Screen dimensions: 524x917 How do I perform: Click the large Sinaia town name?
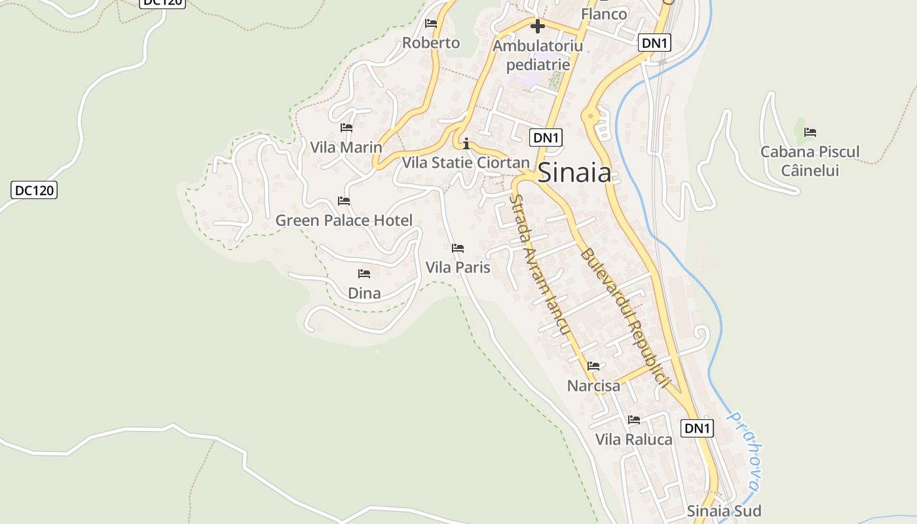574,173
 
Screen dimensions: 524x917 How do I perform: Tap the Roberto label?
431,43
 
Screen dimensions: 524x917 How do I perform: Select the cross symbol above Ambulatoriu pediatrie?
537,26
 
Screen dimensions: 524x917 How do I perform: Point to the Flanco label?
604,14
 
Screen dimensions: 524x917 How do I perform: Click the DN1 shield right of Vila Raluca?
697,428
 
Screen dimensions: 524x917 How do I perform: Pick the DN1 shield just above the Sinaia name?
546,138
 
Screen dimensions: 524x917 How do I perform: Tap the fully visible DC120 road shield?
34,191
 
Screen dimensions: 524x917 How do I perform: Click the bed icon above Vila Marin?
346,128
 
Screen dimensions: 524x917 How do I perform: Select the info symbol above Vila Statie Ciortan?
466,143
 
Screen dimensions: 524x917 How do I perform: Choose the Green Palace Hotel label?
344,220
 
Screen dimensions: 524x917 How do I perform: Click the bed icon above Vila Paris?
458,248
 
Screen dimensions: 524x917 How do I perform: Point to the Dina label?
364,293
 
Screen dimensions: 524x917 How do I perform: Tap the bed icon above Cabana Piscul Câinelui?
810,132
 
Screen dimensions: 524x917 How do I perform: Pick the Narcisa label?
593,386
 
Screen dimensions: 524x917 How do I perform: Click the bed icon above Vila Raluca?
634,420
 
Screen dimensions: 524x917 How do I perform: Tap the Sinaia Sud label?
724,510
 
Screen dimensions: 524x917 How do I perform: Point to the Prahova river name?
746,452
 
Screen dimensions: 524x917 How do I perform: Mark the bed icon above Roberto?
431,24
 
